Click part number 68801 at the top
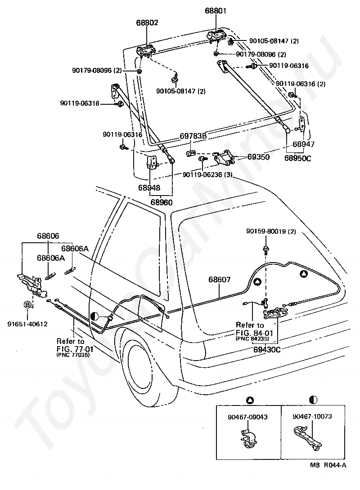pyautogui.click(x=216, y=11)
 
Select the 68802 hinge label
pyautogui.click(x=147, y=22)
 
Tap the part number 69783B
pyautogui.click(x=193, y=136)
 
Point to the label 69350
pyautogui.click(x=258, y=157)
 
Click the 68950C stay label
pyautogui.click(x=298, y=158)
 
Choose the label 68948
pyautogui.click(x=149, y=187)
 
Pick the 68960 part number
pyautogui.click(x=162, y=202)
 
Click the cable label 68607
pyautogui.click(x=220, y=279)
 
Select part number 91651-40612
pyautogui.click(x=27, y=324)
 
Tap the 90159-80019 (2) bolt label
pyautogui.click(x=271, y=232)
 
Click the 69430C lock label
pyautogui.click(x=267, y=349)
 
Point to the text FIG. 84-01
pyautogui.click(x=255, y=333)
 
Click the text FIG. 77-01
pyautogui.click(x=75, y=348)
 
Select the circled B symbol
pyautogui.click(x=27, y=305)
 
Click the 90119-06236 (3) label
pyautogui.click(x=207, y=175)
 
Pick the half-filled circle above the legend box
pyautogui.click(x=313, y=400)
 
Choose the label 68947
pyautogui.click(x=304, y=144)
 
